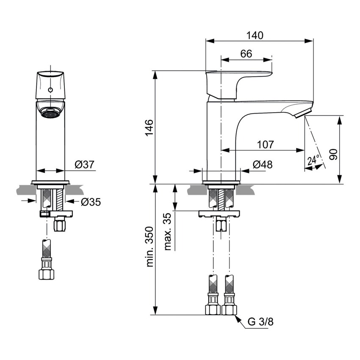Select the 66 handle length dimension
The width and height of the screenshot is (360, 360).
coord(246,53)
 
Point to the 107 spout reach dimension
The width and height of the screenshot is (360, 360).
coord(265,144)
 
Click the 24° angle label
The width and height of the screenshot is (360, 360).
coord(314,160)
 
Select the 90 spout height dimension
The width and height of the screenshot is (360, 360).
coord(334,154)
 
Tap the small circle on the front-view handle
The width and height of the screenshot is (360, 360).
coord(50,90)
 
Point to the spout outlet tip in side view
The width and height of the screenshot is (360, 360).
coord(303,114)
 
